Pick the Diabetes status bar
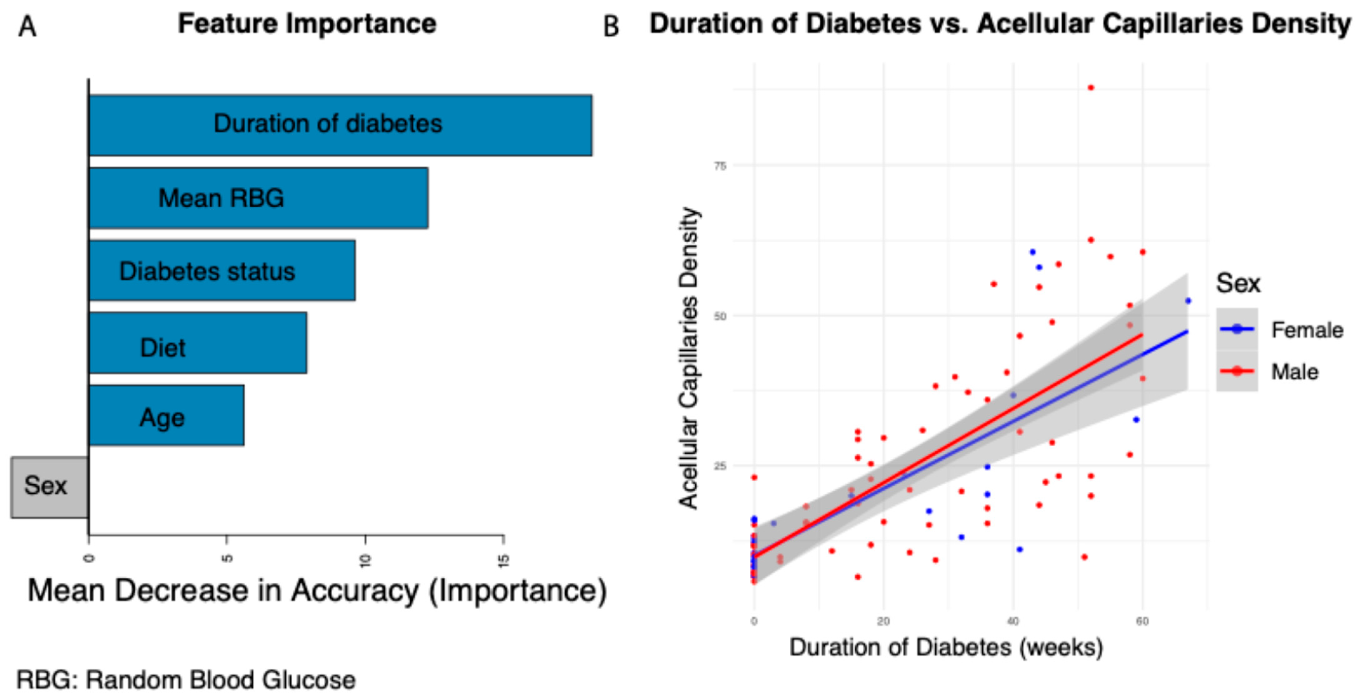222,271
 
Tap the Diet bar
198,343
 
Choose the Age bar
166,415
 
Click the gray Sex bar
49,487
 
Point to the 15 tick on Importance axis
504,560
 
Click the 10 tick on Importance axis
365,560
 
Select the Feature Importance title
307,24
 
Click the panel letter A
27,26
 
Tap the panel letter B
611,26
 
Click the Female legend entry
1307,330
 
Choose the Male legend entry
1295,372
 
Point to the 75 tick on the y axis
720,166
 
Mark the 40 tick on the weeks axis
1012,621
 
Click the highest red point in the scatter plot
1091,87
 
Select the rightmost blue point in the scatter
1188,301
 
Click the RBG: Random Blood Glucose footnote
186,680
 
